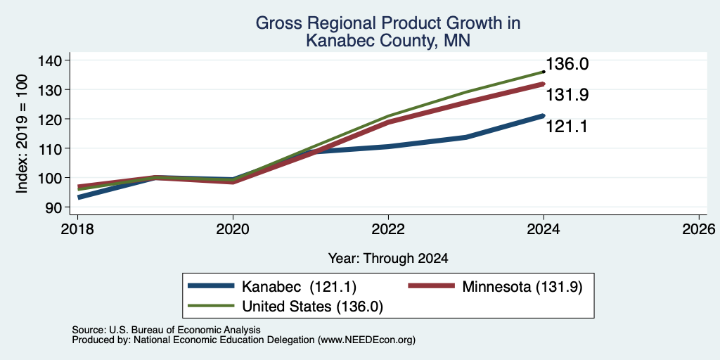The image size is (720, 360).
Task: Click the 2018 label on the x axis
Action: [77, 229]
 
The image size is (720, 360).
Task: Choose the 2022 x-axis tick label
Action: [388, 229]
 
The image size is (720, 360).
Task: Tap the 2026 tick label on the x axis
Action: [700, 229]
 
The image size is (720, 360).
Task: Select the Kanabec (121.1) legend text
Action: [299, 287]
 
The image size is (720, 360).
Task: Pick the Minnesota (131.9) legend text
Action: [522, 287]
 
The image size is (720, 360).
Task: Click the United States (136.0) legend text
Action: [312, 307]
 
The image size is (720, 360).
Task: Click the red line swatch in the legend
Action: [432, 286]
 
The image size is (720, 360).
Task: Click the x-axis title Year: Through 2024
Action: [388, 259]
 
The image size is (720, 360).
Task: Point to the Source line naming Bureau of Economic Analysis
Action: [166, 330]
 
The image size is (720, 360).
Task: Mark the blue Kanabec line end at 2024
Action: [544, 116]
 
